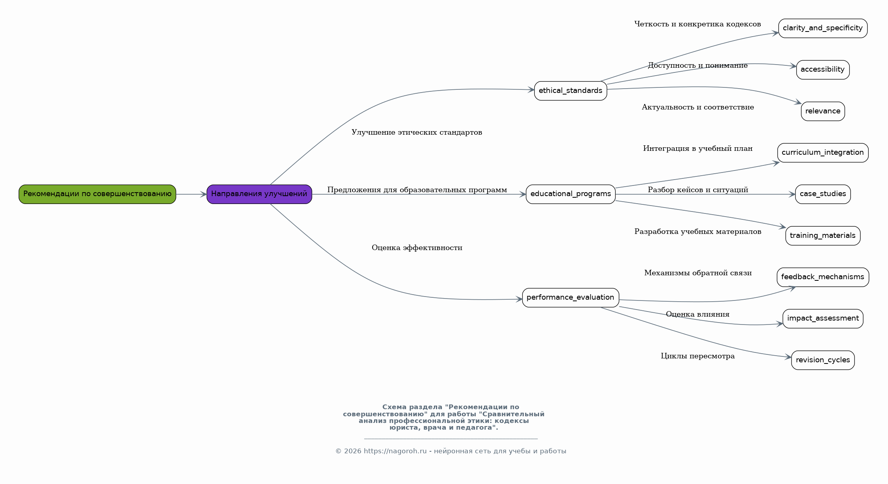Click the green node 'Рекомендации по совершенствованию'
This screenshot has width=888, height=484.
[x=97, y=194]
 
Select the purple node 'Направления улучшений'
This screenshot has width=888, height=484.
[x=259, y=194]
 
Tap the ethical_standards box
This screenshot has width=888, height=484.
[x=571, y=91]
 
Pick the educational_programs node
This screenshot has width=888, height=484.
[x=571, y=194]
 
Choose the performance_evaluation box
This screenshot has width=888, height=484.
[x=571, y=298]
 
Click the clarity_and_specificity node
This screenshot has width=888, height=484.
[x=823, y=28]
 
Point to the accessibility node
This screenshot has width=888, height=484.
[x=823, y=70]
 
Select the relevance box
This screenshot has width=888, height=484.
[x=823, y=111]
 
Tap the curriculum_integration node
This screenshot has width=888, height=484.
[x=823, y=153]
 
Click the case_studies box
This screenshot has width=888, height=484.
[x=823, y=194]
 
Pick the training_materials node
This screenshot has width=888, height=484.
[x=823, y=236]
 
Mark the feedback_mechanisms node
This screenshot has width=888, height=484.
[x=823, y=277]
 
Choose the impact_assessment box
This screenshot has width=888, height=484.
[x=823, y=319]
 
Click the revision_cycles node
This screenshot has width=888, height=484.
[x=823, y=360]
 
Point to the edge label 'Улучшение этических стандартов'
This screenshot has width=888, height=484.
[x=417, y=132]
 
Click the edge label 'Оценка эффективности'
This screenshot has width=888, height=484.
[x=417, y=248]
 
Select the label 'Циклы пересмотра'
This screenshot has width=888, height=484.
[x=698, y=356]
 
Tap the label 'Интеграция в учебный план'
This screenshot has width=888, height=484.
[x=698, y=148]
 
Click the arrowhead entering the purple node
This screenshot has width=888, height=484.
[x=204, y=194]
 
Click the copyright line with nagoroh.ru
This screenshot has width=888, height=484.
[x=451, y=451]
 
